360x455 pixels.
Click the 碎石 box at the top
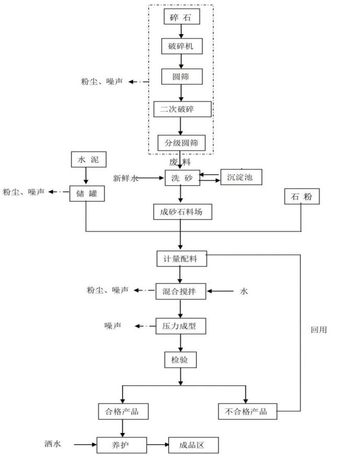(181, 17)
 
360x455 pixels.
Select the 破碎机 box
(181, 46)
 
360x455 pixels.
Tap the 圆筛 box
(181, 77)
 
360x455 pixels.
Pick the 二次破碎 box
(182, 109)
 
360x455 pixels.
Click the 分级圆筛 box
(182, 142)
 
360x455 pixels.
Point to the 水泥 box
(85, 160)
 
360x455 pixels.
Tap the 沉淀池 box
(241, 177)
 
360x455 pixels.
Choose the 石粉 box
(301, 197)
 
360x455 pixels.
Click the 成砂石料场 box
(181, 212)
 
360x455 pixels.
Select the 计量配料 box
(181, 258)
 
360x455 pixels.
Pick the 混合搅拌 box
(181, 291)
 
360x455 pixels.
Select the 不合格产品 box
(246, 411)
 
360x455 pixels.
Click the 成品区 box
(192, 445)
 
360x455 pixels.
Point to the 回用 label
(318, 330)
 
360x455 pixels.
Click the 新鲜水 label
(125, 179)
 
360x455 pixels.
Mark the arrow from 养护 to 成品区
(156, 445)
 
